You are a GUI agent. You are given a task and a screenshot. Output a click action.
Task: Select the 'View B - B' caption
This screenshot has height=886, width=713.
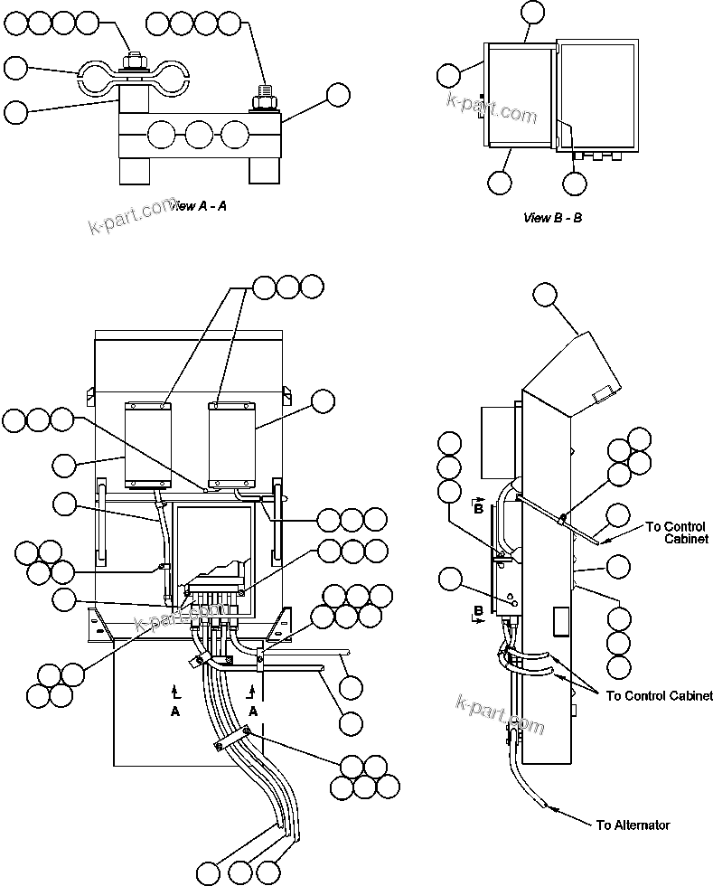point(552,218)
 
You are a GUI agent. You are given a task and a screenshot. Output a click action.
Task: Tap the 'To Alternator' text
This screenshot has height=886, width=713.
point(633,825)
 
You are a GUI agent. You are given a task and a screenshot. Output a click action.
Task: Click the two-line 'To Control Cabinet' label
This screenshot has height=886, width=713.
point(678,533)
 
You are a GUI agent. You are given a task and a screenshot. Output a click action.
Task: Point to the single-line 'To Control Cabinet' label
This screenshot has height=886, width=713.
point(659,695)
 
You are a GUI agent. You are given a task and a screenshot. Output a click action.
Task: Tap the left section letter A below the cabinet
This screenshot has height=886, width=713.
point(174,711)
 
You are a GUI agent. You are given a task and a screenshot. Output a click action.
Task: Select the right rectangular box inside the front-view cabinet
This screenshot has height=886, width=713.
point(232,442)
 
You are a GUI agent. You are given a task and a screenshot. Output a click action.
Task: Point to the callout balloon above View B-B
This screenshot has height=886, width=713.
point(533,12)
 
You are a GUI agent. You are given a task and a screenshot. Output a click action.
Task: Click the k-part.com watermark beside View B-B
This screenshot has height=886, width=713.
point(491,107)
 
